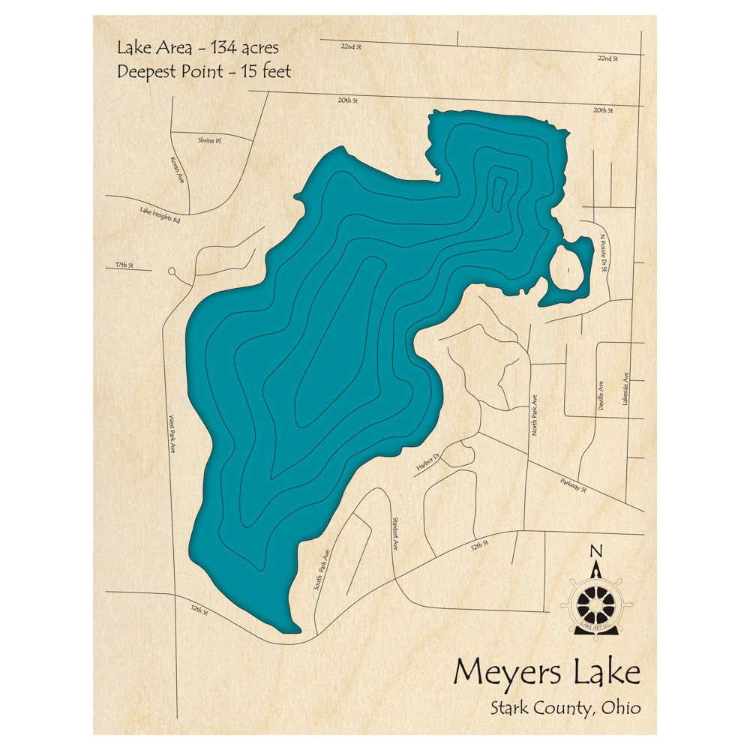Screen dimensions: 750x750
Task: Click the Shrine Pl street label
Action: pyautogui.click(x=209, y=140)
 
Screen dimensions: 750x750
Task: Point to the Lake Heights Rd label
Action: pyautogui.click(x=160, y=216)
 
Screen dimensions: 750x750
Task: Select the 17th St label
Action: pyautogui.click(x=124, y=265)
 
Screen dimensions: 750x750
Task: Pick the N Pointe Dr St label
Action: pyautogui.click(x=604, y=254)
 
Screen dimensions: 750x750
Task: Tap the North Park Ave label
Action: pyautogui.click(x=535, y=415)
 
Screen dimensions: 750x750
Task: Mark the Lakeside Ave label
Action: pyautogui.click(x=625, y=389)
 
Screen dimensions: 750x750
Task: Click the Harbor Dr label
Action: pyautogui.click(x=428, y=463)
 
